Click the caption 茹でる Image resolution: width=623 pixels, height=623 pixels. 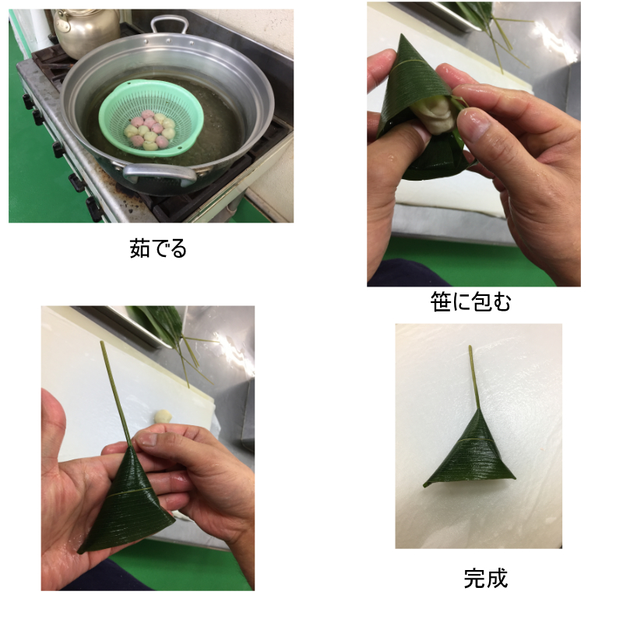158,248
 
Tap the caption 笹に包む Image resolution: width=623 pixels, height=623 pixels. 470,301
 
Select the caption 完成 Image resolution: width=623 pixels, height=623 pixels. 485,578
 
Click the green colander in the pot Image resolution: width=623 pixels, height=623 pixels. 151,118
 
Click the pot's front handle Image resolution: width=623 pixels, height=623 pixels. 159,174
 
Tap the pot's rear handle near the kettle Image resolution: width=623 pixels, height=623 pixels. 168,24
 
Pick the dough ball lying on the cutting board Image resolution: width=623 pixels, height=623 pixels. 163,417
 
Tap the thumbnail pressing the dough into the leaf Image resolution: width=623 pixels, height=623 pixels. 473,124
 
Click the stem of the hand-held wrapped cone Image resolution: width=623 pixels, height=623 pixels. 116,394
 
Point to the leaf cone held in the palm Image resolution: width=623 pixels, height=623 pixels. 126,501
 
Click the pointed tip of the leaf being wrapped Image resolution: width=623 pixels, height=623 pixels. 403,35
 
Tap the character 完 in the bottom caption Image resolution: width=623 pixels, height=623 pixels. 474,578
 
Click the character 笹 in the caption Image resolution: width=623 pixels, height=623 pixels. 441,301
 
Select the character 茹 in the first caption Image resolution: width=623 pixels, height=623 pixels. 139,248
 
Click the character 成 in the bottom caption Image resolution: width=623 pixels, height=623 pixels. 497,578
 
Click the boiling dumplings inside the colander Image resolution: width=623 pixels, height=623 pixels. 150,130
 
